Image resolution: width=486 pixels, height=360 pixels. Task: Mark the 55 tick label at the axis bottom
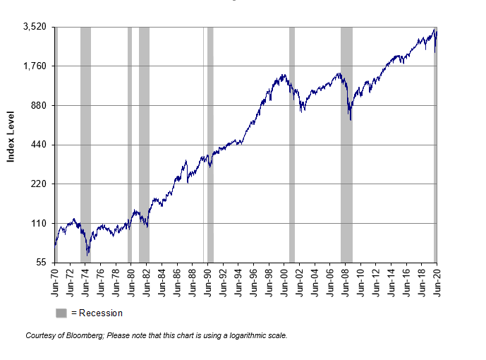coord(42,263)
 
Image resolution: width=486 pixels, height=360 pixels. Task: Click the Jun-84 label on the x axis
coord(162,280)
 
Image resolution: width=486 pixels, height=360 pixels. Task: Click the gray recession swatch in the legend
coord(61,313)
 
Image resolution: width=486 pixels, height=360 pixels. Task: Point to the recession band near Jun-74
coord(85,141)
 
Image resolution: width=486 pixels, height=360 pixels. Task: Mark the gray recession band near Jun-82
coord(144,141)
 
